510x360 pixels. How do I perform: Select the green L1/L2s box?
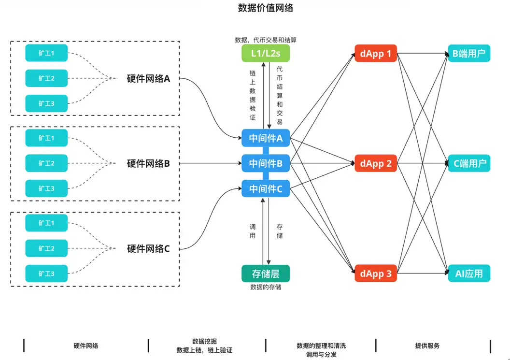[x=265, y=54]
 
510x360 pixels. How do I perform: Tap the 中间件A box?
[x=265, y=138]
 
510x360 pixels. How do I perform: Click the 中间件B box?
[x=265, y=163]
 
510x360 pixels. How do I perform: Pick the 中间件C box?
[x=265, y=188]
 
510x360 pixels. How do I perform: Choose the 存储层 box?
[x=265, y=274]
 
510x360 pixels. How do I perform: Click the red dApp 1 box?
[x=375, y=54]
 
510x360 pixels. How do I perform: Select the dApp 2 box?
[x=375, y=163]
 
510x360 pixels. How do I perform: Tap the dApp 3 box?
[x=375, y=274]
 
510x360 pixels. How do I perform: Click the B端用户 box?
[x=468, y=54]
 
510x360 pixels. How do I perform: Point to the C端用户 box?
[x=468, y=163]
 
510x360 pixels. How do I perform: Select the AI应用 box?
[x=468, y=274]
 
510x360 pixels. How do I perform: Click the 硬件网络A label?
[x=148, y=78]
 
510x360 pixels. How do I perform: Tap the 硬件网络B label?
[x=148, y=163]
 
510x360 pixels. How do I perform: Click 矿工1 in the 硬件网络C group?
[x=46, y=223]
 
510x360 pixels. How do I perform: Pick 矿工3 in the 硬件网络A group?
[x=46, y=103]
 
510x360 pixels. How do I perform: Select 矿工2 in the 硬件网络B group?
[x=46, y=163]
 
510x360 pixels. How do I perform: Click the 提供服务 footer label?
[x=427, y=346]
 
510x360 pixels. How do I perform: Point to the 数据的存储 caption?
[x=265, y=287]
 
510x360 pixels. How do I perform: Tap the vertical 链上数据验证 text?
[x=252, y=95]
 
